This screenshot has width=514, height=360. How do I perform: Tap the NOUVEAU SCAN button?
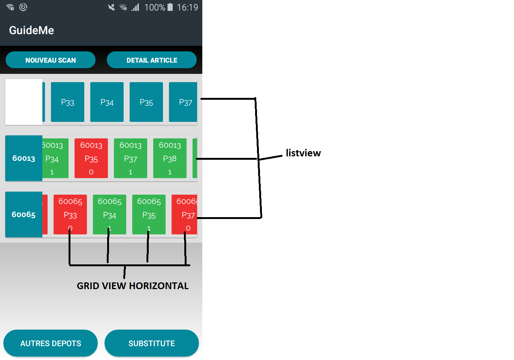pos(51,60)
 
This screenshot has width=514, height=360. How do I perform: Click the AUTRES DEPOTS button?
pos(51,343)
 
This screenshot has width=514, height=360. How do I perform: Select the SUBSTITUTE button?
pos(152,343)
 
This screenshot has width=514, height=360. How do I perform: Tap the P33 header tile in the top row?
pos(67,102)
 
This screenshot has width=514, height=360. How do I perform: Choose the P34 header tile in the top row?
pos(107,102)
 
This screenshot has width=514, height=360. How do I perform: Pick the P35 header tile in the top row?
pos(146,102)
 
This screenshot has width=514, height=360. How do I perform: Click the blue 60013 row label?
pos(24,158)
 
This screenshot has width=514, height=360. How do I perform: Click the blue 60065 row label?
pos(24,214)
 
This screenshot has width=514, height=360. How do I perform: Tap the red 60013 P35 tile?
pos(91,158)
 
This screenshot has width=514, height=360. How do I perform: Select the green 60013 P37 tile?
pos(130,158)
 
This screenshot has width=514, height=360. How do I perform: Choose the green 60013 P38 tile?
pos(170,158)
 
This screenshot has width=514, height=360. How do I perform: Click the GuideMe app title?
pos(31,30)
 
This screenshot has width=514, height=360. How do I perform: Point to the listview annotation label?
pos(303,153)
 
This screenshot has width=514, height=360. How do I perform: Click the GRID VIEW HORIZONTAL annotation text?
pos(133,286)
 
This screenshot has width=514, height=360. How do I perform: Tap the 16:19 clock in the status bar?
pos(187,7)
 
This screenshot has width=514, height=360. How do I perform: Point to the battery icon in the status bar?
pos(170,7)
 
